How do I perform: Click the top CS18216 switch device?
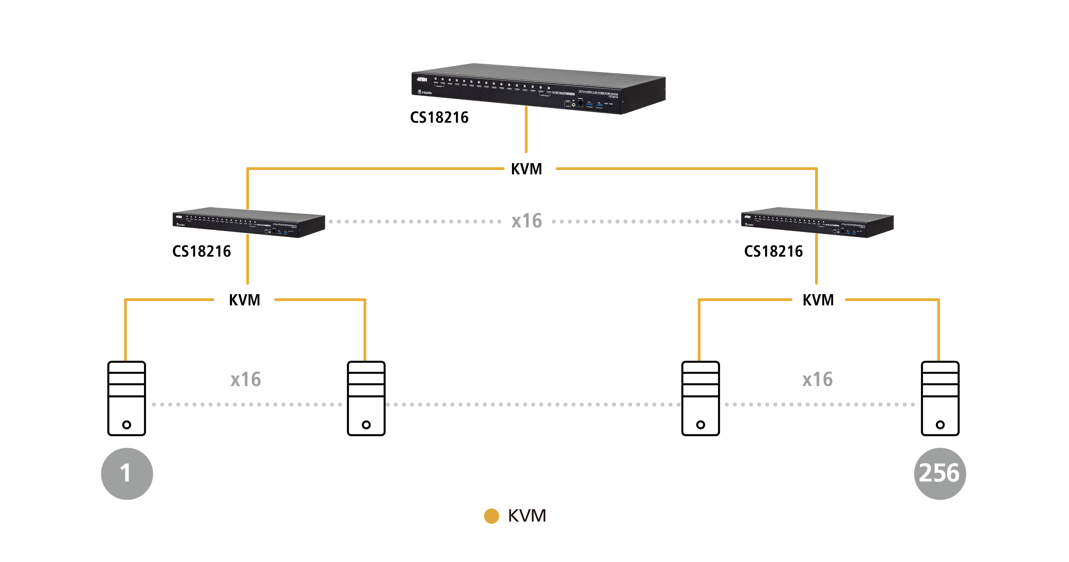(x=538, y=88)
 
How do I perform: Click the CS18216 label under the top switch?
(x=439, y=117)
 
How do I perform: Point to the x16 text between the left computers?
(x=246, y=379)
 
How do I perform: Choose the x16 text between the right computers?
(x=817, y=379)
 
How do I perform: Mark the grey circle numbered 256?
(x=940, y=474)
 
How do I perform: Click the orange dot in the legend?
(x=491, y=516)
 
